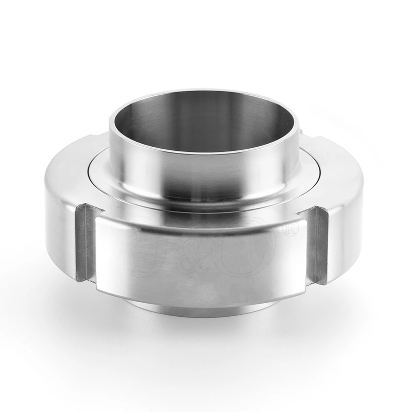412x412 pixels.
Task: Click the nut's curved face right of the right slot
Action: coord(345,227)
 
